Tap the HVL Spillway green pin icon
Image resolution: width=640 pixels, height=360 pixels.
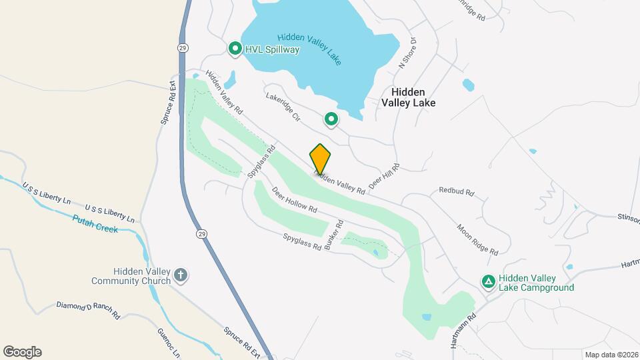click(235, 49)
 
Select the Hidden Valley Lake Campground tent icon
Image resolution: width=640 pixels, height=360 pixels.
click(489, 282)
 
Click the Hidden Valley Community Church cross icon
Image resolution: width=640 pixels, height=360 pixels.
click(180, 275)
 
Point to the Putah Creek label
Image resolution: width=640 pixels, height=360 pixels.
click(95, 224)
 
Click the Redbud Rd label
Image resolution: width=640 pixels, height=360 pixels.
click(456, 191)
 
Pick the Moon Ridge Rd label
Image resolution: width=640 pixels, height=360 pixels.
click(477, 240)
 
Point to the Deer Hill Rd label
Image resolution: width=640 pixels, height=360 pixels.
click(384, 175)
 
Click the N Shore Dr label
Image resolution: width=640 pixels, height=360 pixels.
click(407, 53)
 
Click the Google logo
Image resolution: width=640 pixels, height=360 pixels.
click(22, 352)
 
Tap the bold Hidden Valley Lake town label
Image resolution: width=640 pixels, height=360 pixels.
click(408, 97)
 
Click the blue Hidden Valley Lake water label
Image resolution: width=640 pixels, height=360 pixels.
click(309, 48)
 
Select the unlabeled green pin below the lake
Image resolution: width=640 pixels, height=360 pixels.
click(331, 120)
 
